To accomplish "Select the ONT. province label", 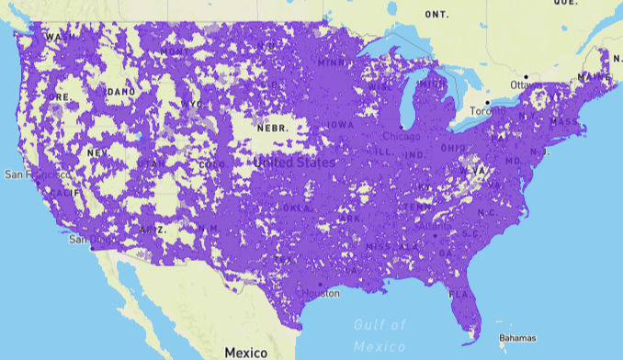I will pos(436,15).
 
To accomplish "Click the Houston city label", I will pos(323,293).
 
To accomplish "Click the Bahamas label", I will pos(516,338).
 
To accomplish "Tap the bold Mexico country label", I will pos(245,353).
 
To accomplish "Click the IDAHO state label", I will pos(120,92).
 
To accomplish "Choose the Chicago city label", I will pos(401,136).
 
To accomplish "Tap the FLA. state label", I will pos(459,296).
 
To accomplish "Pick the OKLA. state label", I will pos(297,208).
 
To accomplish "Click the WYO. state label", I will pos(194,105).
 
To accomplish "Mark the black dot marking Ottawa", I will pos(526,76).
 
